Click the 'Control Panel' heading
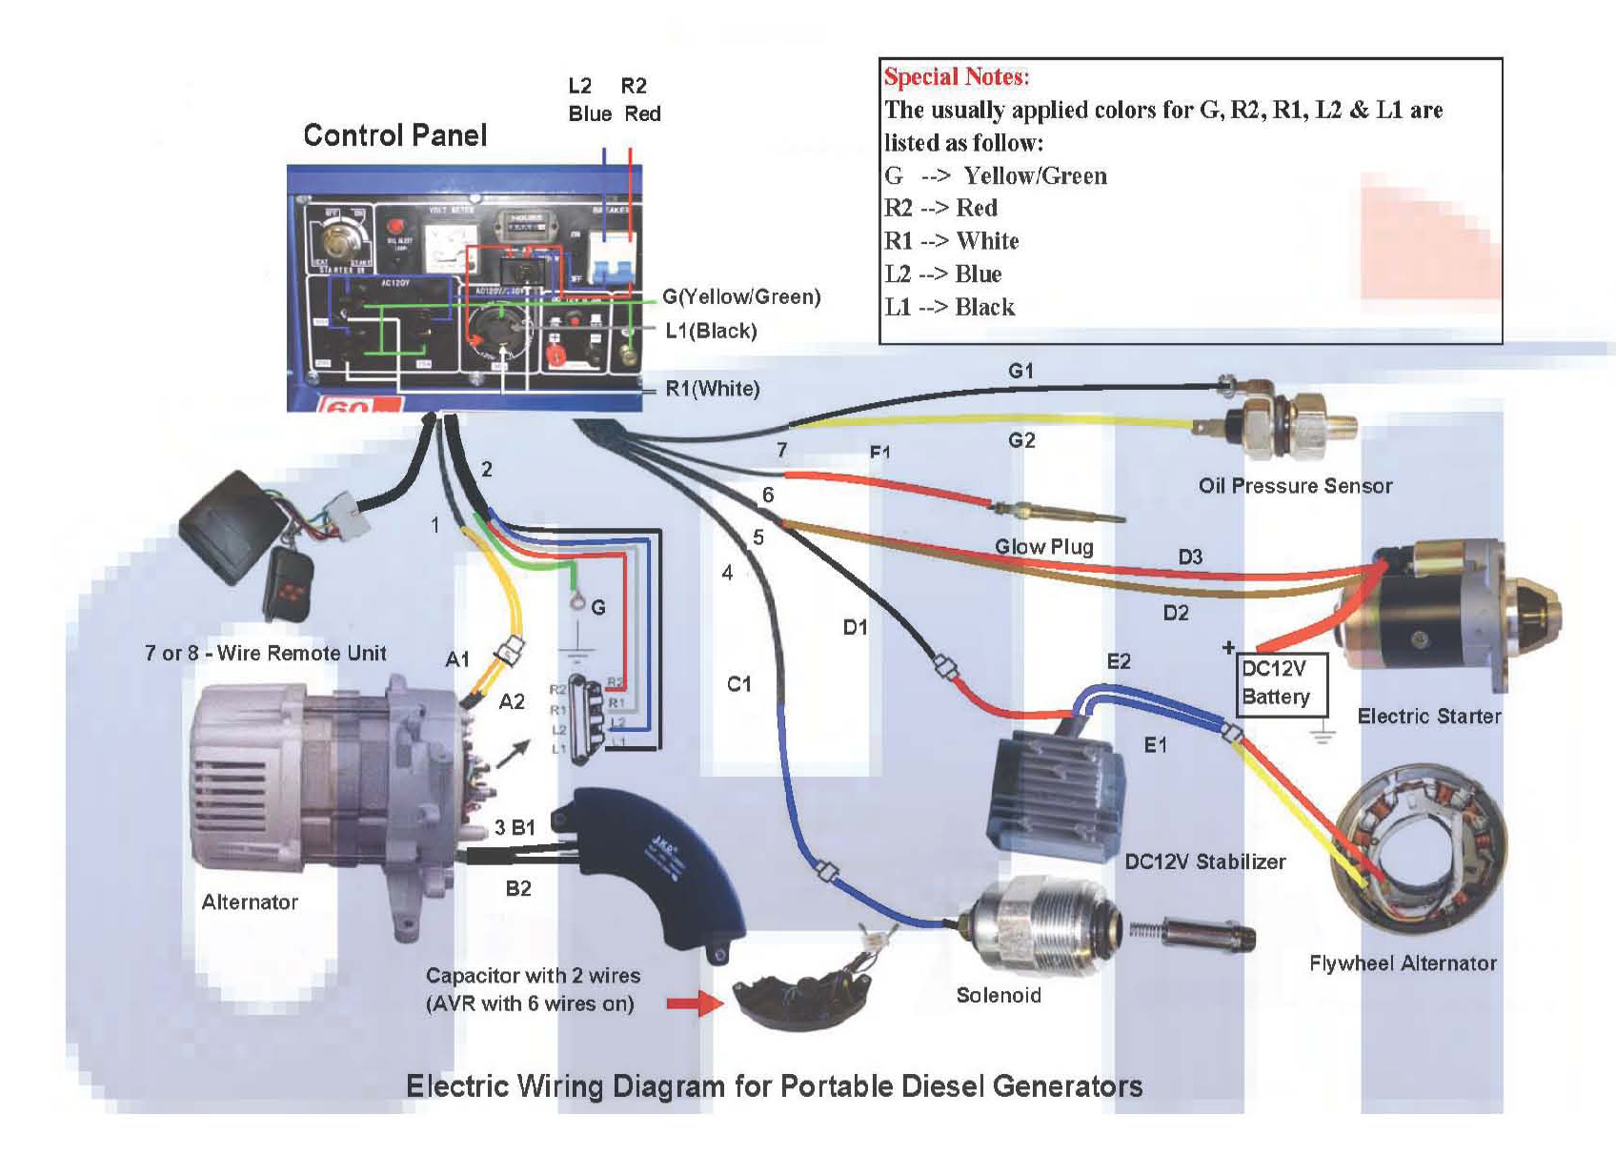click(394, 135)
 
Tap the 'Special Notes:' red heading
click(957, 77)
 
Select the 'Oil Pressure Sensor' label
click(1295, 486)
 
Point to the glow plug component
click(1058, 512)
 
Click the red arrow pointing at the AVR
click(695, 1003)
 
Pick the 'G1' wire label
click(1020, 371)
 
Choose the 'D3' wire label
click(1190, 557)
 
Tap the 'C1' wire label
click(738, 684)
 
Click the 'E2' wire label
click(1119, 661)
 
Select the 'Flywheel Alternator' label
click(1403, 963)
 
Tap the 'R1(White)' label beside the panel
click(712, 389)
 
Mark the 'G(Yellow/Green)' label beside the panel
click(741, 296)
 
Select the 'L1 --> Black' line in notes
click(949, 307)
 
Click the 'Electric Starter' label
click(1428, 717)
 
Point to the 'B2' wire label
click(518, 889)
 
